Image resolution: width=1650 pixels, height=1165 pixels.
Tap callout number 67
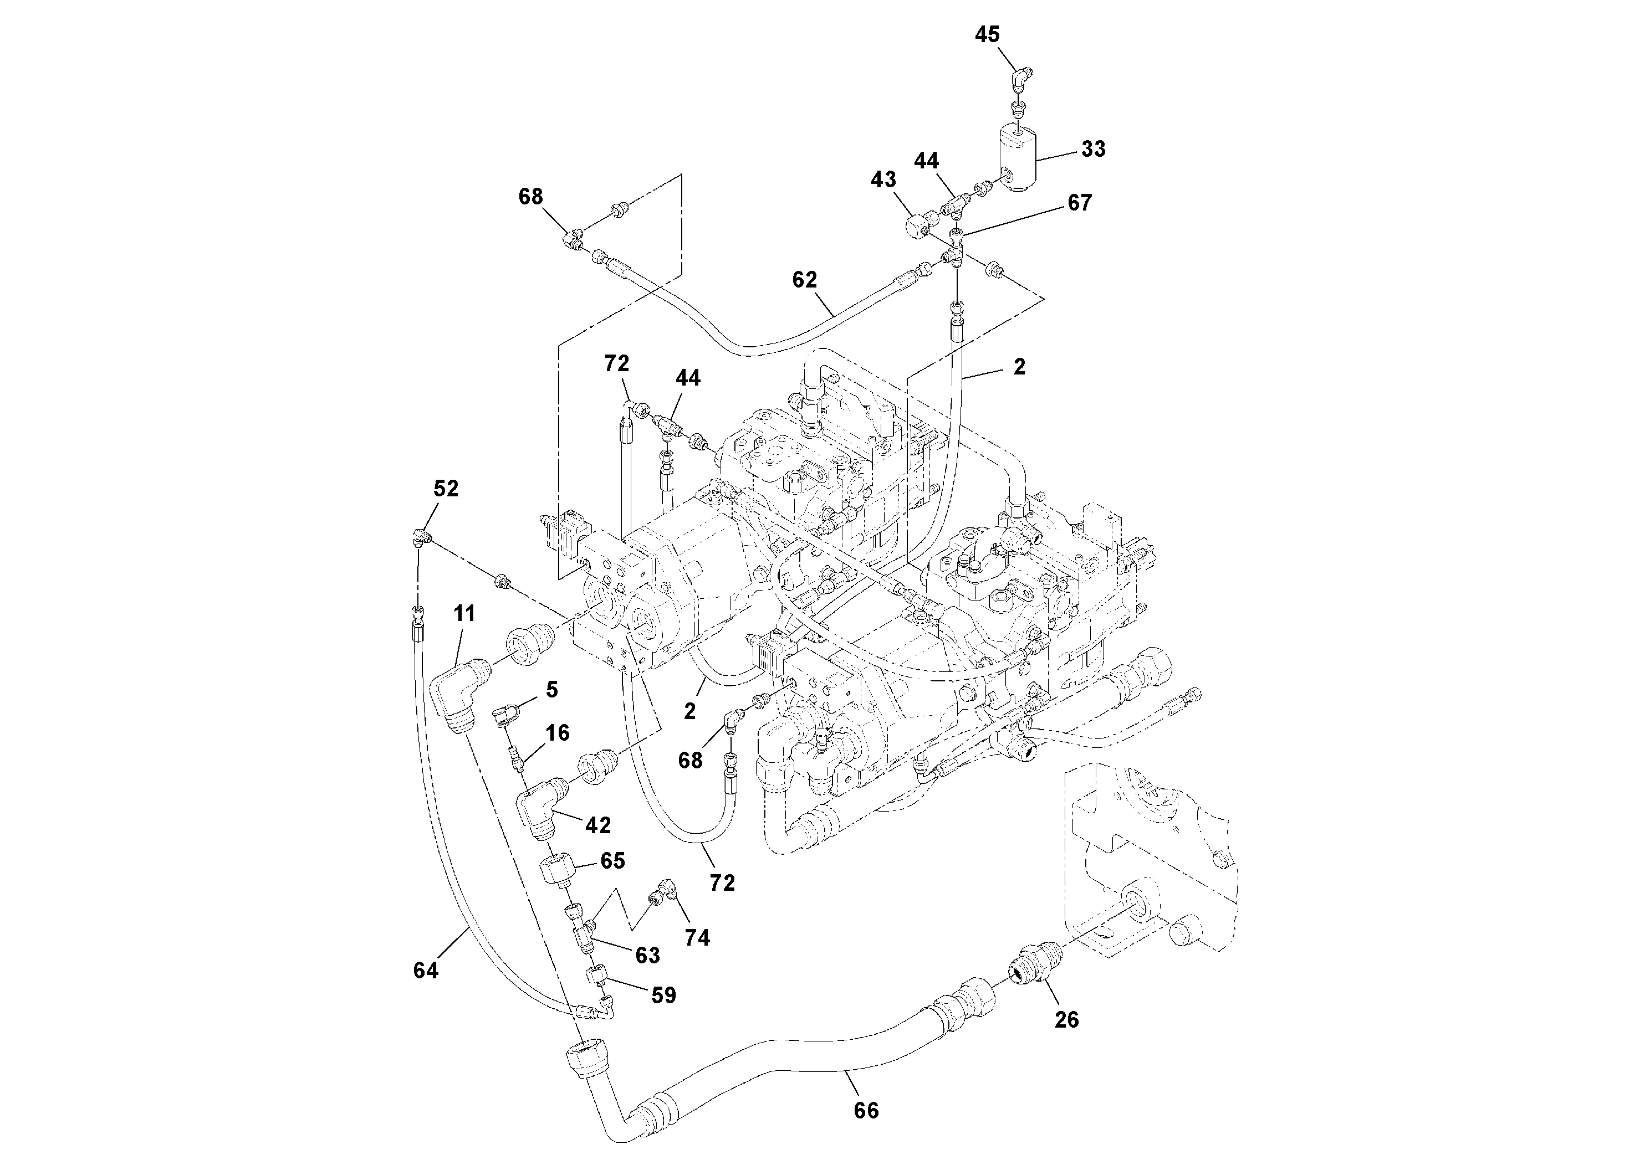click(x=1079, y=203)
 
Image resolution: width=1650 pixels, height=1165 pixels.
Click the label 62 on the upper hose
click(x=804, y=280)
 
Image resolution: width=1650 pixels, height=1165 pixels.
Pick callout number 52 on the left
click(x=446, y=489)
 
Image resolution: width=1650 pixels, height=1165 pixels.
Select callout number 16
click(x=557, y=733)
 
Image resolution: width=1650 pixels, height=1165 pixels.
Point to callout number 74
click(x=697, y=937)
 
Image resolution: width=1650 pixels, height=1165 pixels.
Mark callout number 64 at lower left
click(x=426, y=971)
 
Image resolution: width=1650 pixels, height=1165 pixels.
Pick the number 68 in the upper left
click(x=530, y=197)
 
